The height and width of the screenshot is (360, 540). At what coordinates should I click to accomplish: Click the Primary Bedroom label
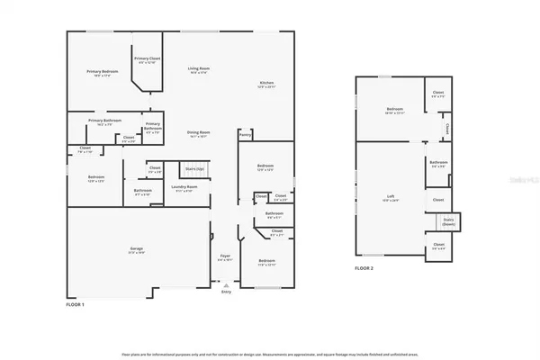(104, 72)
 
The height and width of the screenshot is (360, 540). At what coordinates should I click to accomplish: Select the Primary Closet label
(146, 59)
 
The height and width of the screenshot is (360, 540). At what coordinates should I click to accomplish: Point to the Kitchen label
(266, 83)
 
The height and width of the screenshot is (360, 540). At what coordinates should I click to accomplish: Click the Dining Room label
(198, 132)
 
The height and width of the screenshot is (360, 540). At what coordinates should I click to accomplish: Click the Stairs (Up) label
(194, 168)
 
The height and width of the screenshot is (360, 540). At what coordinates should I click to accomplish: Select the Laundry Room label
(184, 187)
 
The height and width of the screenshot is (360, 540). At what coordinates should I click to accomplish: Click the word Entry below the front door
(225, 301)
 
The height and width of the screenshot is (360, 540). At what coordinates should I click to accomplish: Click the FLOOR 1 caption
(76, 305)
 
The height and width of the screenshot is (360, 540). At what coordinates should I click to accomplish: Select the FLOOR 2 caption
(364, 268)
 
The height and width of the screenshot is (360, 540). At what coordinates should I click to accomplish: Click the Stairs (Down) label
(447, 220)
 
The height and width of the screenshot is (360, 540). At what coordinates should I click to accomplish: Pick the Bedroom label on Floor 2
(393, 112)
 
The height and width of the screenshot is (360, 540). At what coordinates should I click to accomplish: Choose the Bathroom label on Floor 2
(438, 163)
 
